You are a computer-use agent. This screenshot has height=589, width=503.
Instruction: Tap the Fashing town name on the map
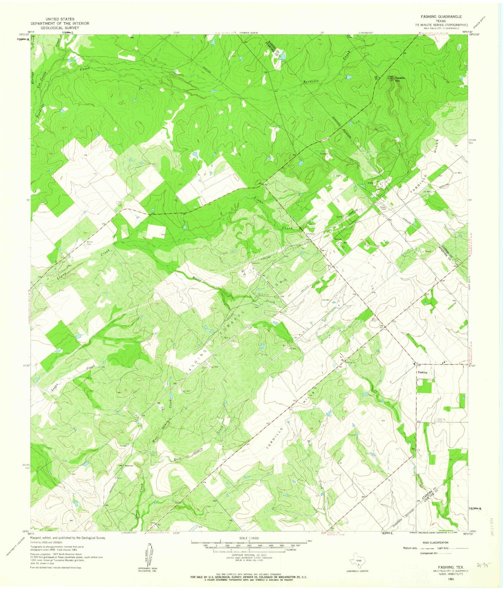[x=423, y=372]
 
